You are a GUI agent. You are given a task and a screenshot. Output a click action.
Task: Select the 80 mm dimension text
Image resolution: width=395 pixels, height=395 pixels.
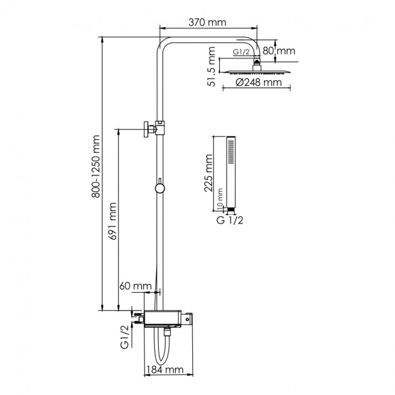(x=279, y=51)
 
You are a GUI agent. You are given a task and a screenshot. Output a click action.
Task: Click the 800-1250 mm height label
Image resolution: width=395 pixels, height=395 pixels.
(x=96, y=174)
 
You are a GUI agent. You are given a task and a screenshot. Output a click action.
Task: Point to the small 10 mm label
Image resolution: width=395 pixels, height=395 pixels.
(x=221, y=199)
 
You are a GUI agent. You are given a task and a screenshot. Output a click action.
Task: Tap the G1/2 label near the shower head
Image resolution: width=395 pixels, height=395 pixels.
(x=241, y=52)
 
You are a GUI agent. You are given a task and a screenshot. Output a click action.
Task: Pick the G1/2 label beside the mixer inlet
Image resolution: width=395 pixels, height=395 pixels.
(x=125, y=338)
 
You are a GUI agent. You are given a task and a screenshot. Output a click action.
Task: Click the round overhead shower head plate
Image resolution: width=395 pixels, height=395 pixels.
(x=256, y=71)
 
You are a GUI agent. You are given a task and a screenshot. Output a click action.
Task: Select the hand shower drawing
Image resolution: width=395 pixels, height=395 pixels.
(x=231, y=174)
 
